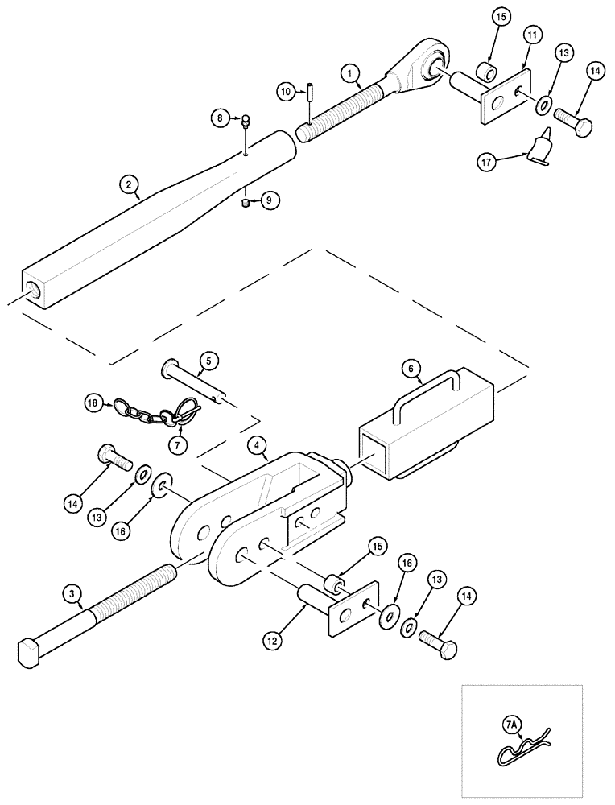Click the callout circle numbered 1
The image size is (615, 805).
click(x=349, y=74)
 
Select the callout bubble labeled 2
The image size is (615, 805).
click(x=128, y=184)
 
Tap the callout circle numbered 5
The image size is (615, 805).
click(x=205, y=361)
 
